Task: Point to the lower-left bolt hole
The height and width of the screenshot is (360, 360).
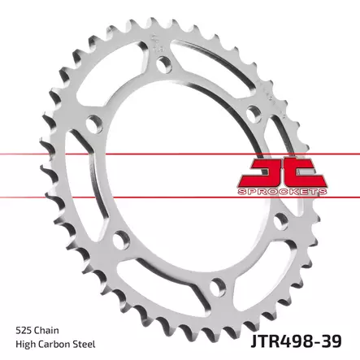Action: pyautogui.click(x=122, y=241)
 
